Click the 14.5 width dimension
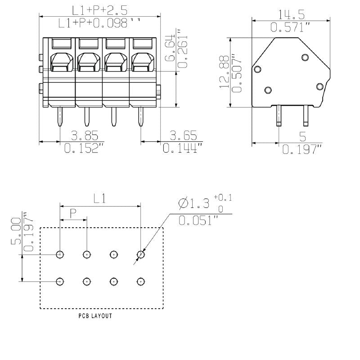291,14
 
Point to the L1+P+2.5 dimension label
99,10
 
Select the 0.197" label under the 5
302,149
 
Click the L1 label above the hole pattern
100,198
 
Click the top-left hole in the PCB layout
60,255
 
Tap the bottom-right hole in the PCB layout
141,281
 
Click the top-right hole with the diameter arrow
141,255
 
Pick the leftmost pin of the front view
60,117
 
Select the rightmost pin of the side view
306,115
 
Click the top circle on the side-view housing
305,57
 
